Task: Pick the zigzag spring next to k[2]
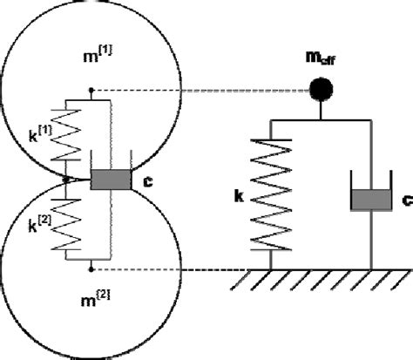[66, 223]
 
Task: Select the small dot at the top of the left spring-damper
[91, 89]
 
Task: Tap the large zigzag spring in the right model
[272, 193]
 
